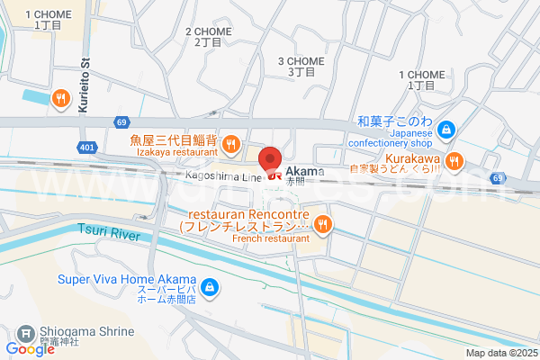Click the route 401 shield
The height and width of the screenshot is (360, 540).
(86, 146)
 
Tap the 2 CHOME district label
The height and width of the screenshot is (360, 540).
(208, 37)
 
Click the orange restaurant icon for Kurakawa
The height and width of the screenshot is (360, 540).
(454, 161)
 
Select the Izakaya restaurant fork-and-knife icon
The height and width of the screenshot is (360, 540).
(230, 143)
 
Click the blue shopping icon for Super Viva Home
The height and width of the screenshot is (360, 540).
(209, 288)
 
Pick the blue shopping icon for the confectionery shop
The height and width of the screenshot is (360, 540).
(448, 130)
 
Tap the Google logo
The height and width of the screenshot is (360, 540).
(30, 349)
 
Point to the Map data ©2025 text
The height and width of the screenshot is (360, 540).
(500, 353)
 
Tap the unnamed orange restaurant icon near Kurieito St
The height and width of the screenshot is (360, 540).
(60, 98)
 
